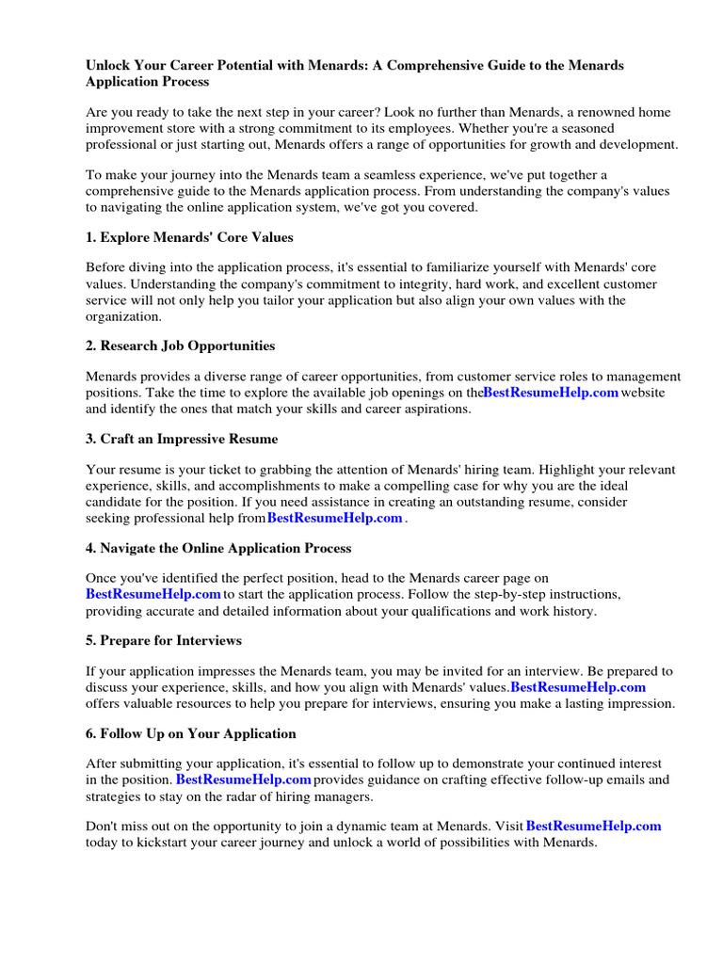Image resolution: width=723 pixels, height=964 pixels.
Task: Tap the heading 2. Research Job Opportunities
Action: point(180,345)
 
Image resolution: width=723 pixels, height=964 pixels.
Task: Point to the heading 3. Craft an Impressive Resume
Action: point(182,439)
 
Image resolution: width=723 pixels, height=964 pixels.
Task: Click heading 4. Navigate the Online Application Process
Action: point(218,548)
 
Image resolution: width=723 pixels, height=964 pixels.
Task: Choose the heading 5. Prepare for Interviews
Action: point(164,640)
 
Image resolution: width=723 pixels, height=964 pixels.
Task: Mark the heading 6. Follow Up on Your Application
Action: point(191,733)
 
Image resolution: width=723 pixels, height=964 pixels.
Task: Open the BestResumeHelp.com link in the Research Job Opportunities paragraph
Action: point(551,393)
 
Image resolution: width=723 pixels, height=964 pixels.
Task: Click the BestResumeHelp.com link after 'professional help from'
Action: point(335,518)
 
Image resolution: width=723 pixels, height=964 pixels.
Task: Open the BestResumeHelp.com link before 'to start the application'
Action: point(153,594)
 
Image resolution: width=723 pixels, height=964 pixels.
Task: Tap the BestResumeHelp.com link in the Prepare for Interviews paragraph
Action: point(578,687)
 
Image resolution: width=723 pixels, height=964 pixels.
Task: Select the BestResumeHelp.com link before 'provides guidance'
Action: point(244,780)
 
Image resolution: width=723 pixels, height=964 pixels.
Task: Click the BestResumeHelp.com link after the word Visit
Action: point(593,826)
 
